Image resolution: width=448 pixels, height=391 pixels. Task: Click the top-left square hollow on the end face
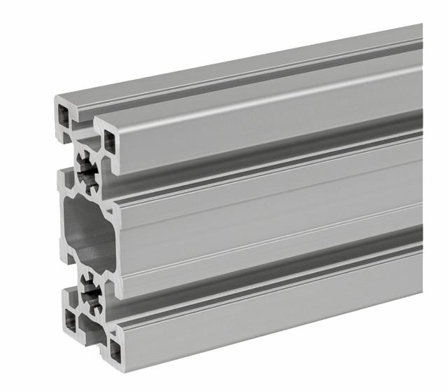[65, 113]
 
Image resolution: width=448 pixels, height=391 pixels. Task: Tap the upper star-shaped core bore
[88, 172]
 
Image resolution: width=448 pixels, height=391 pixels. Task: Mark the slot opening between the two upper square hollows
[85, 127]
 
